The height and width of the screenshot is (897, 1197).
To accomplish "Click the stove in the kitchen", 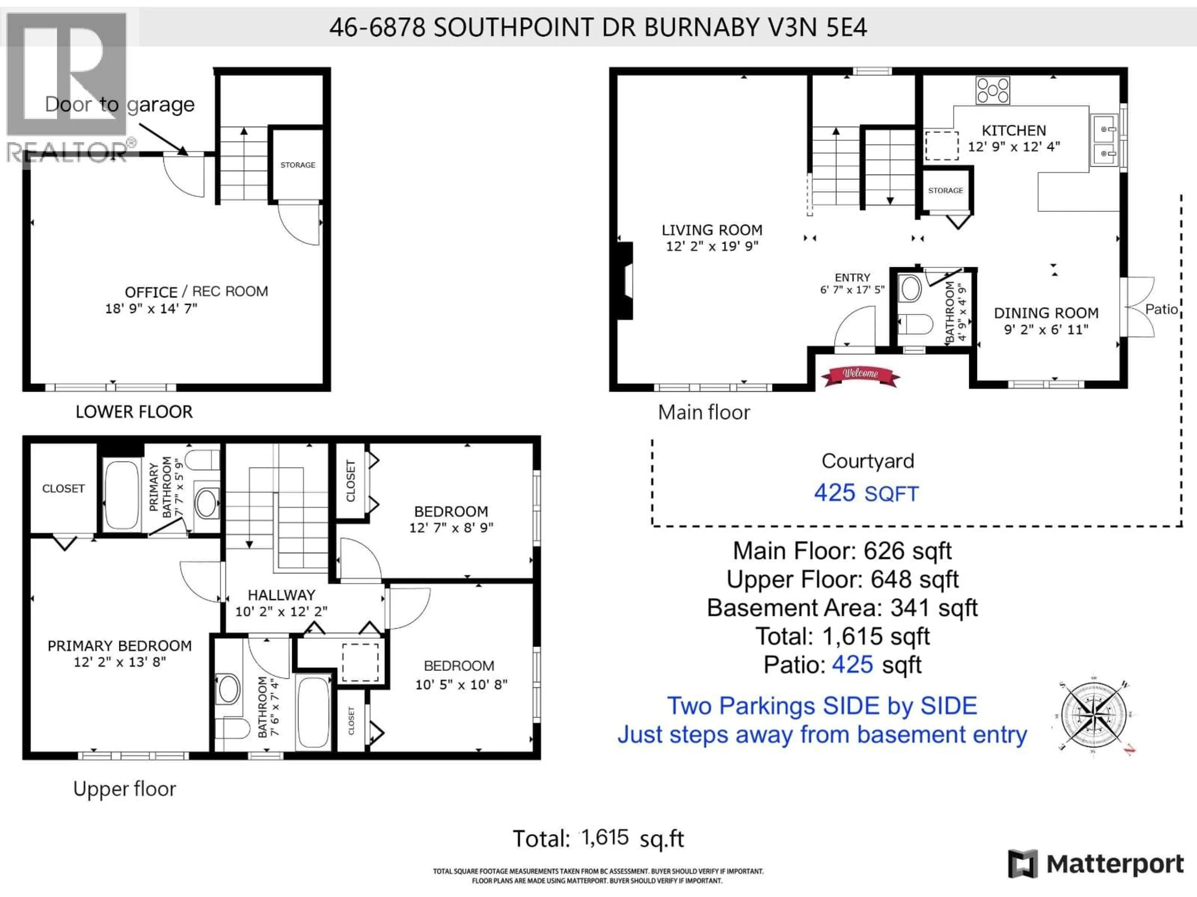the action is pyautogui.click(x=993, y=90).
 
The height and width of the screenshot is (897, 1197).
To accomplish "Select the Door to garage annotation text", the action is pyautogui.click(x=120, y=104).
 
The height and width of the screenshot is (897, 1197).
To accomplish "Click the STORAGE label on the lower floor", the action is pyautogui.click(x=298, y=165).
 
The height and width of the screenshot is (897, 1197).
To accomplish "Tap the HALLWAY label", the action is pyautogui.click(x=281, y=595).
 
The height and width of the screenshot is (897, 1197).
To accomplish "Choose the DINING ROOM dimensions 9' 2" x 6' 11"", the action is pyautogui.click(x=1046, y=330).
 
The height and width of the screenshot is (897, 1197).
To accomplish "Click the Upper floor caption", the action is pyautogui.click(x=124, y=789).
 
